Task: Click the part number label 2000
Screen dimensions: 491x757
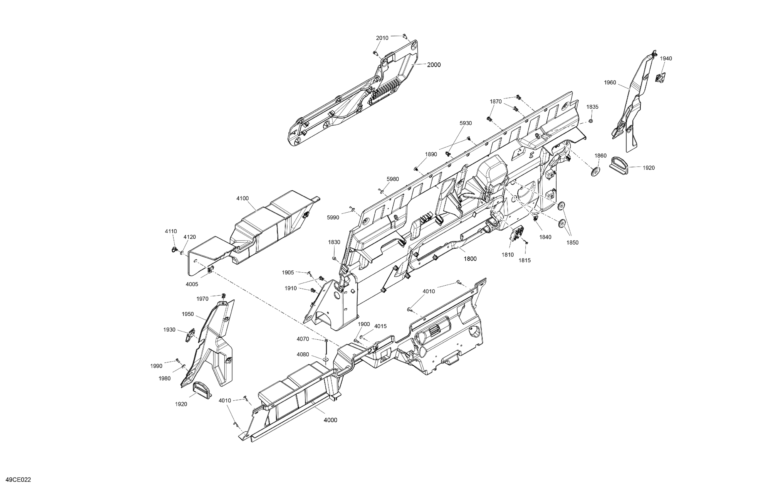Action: pyautogui.click(x=434, y=65)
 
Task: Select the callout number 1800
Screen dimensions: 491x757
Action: pyautogui.click(x=470, y=259)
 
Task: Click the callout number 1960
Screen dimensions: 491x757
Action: pyautogui.click(x=610, y=83)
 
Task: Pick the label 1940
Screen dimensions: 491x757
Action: pyautogui.click(x=666, y=59)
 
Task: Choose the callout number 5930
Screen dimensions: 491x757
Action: pyautogui.click(x=466, y=123)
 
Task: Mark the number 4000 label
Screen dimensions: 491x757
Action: pyautogui.click(x=330, y=420)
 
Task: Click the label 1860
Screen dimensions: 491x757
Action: pyautogui.click(x=601, y=156)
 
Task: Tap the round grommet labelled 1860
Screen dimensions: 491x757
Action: pyautogui.click(x=595, y=171)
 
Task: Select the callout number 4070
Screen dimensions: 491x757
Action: pyautogui.click(x=303, y=339)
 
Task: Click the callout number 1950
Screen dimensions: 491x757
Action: pyautogui.click(x=188, y=314)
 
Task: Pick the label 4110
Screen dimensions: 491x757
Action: pyautogui.click(x=171, y=231)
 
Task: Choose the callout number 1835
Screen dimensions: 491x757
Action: pyautogui.click(x=592, y=107)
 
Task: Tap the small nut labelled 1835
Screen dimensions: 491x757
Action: pyautogui.click(x=591, y=121)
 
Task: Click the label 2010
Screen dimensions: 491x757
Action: pyautogui.click(x=382, y=38)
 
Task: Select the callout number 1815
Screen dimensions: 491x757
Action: pyautogui.click(x=525, y=260)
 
